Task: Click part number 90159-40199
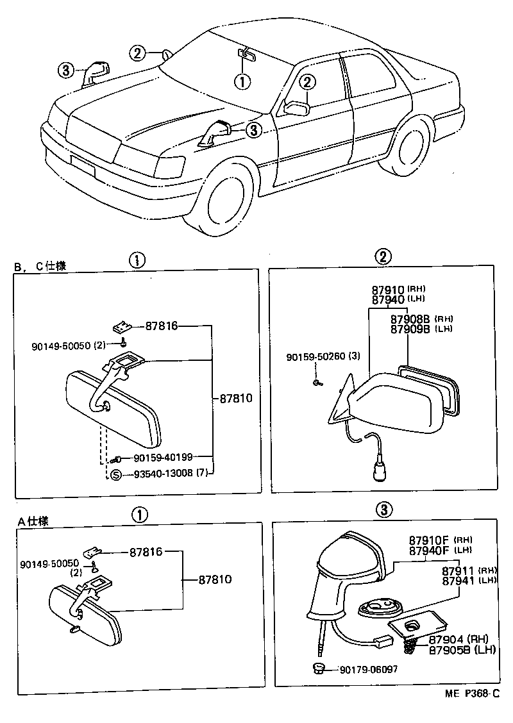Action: pyautogui.click(x=164, y=458)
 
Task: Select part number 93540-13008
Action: pyautogui.click(x=164, y=475)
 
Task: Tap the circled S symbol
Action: pyautogui.click(x=115, y=475)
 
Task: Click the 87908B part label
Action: pyautogui.click(x=410, y=319)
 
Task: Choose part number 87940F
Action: pyautogui.click(x=429, y=549)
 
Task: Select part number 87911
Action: pyautogui.click(x=458, y=570)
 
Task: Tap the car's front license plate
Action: pyautogui.click(x=83, y=166)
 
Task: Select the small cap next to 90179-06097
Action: pyautogui.click(x=318, y=669)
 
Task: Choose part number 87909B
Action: pyautogui.click(x=410, y=328)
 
